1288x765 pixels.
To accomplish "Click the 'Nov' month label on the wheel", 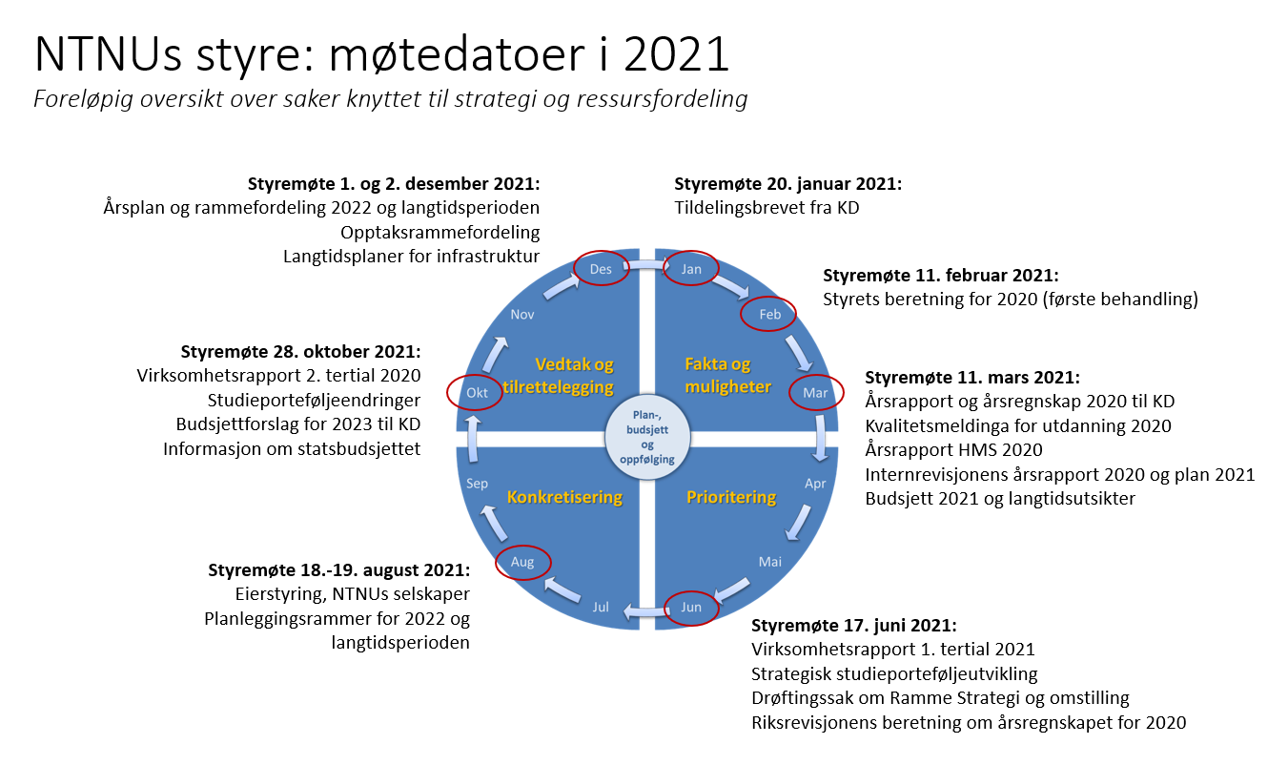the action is coord(522,315).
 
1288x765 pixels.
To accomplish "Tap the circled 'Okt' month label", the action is coord(477,393).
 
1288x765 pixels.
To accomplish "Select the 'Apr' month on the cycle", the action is coord(815,484).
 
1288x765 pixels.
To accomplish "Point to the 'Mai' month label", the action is coord(770,562).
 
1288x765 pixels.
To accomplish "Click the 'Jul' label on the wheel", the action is coord(601,607).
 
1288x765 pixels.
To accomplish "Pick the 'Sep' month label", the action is coord(477,484).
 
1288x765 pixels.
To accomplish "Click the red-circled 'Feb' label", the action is coord(769,315).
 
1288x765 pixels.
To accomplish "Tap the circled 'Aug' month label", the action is coord(522,562).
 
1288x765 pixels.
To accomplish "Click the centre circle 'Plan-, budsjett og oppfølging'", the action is coord(647,437).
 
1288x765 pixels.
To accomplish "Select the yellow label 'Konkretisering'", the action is coord(564,497).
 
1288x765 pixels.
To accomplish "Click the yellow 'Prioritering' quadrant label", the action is coord(731,497).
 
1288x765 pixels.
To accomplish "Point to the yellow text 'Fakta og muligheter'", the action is coord(727,375).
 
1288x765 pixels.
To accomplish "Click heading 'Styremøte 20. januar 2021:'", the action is coord(787,184).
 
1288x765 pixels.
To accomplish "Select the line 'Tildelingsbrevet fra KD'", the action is coord(767,208).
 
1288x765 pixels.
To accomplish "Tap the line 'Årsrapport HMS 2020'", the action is coord(953,450).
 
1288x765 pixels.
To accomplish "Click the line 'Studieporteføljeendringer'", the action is coord(314,401).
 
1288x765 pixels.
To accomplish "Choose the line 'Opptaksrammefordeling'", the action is coord(440,233).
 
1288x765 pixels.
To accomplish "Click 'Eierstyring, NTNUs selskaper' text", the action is coord(353,594).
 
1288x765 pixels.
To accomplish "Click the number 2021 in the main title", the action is coord(676,54).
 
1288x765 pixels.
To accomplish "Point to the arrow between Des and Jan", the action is coord(647,265).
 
